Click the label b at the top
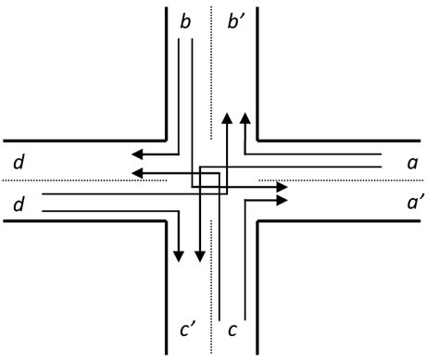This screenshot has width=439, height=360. [186, 20]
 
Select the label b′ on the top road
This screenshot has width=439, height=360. [235, 20]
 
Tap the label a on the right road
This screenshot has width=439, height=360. [412, 162]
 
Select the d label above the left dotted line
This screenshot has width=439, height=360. [19, 163]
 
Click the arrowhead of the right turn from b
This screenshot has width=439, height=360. [136, 154]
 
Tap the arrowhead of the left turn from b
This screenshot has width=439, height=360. [283, 188]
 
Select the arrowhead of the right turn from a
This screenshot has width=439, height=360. [245, 118]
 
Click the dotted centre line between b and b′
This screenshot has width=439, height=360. [212, 56]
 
